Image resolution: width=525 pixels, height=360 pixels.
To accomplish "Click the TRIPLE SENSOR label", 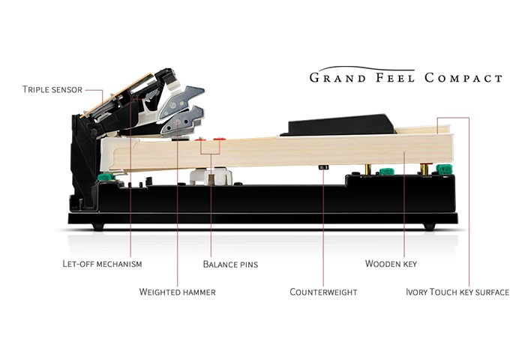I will point(52,89).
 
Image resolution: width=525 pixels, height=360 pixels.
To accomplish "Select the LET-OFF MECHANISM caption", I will point(102,264).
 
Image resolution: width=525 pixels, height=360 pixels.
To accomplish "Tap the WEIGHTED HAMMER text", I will point(177,292).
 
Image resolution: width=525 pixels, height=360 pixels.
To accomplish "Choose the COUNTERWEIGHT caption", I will point(323,292).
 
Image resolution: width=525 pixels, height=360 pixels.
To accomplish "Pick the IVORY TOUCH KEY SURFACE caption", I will point(457,292).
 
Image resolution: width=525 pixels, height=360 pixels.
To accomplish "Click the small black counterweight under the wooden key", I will point(323,166).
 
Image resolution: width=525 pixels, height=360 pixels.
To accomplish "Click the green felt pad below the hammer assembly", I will point(105,178).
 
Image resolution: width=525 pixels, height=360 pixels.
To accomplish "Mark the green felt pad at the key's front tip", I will point(445,169).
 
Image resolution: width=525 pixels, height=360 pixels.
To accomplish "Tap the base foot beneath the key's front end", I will point(428,226).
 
